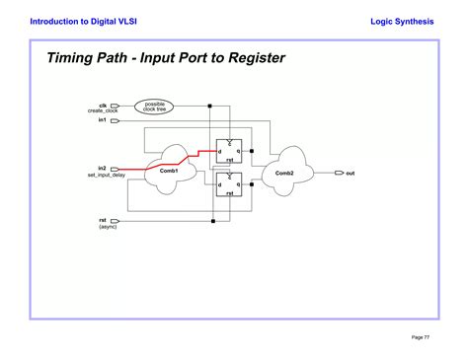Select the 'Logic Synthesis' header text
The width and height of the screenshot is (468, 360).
402,20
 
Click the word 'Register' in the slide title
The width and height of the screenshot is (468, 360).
254,58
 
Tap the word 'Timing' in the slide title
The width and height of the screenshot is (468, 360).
73,58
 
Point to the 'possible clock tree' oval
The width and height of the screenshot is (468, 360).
155,106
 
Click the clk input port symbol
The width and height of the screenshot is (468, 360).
115,105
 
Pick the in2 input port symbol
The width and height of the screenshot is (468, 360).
115,169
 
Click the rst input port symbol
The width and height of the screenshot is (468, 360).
115,220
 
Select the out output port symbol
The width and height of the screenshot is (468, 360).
337,173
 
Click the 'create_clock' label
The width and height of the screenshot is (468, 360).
103,111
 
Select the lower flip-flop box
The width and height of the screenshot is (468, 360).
228,184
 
